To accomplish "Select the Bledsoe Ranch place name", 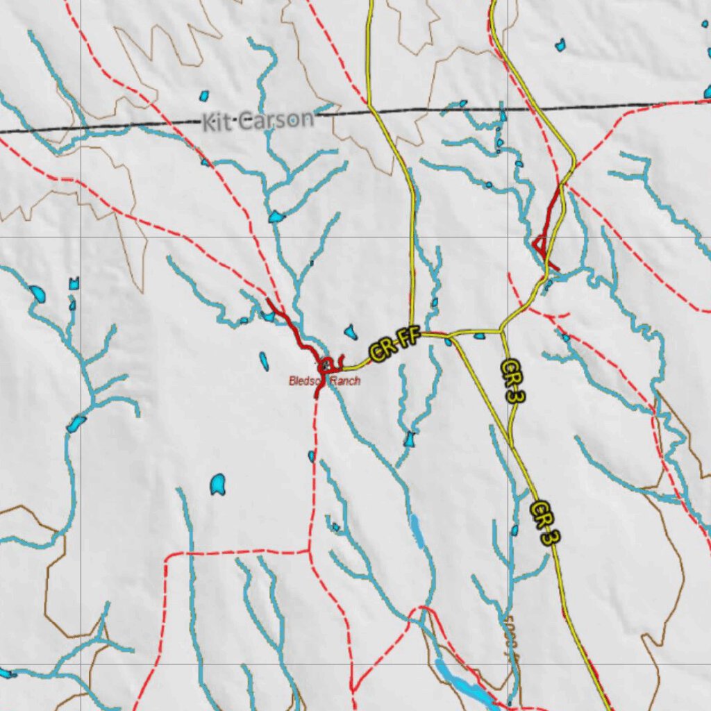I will (324, 380).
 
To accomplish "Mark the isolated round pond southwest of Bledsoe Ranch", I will (218, 484).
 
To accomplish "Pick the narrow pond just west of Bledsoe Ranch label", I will (264, 361).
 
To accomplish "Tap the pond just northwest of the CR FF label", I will (351, 332).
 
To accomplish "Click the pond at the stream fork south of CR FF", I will (410, 439).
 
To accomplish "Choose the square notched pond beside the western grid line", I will (74, 283).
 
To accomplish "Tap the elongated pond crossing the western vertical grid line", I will (76, 421).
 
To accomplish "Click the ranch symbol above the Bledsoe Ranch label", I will (326, 365).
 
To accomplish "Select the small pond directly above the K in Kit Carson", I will (204, 96).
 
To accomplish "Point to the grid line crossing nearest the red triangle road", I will (508, 237).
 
